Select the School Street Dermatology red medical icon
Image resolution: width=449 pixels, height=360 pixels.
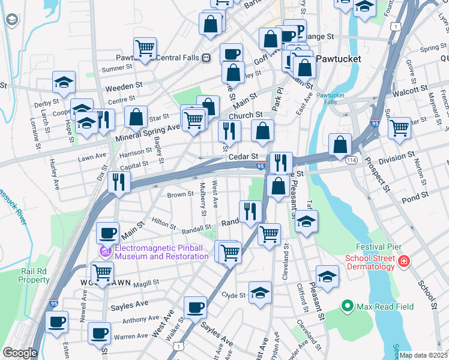point(404,262)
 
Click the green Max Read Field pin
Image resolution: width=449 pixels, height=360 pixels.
point(347,306)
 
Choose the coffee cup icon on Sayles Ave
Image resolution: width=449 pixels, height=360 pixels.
point(194,307)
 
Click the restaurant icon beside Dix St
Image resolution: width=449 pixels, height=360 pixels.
point(119,181)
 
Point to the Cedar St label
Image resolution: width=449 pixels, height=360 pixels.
point(243,156)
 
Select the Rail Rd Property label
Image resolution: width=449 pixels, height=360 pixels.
point(34,276)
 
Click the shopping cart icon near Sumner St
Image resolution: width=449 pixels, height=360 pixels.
point(145,48)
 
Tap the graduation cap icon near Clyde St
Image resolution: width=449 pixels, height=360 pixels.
point(260,292)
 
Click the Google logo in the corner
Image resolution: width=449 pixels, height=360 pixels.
point(20,353)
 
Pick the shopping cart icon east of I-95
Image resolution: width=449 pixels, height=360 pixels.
point(399,128)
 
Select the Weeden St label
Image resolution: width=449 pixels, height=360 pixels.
point(123,88)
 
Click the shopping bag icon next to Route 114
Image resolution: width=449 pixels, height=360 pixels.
point(340,144)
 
